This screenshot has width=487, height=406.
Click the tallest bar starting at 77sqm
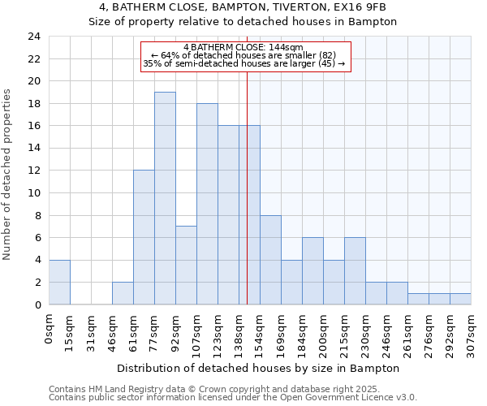(x=165, y=198)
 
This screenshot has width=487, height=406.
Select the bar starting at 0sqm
(x=59, y=282)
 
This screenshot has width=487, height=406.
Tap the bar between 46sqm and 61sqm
(x=123, y=293)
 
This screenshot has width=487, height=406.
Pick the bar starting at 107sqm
(x=207, y=204)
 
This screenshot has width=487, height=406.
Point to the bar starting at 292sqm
(x=460, y=299)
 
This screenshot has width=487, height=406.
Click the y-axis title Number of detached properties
(x=8, y=171)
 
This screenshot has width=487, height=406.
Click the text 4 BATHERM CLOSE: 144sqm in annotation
(x=243, y=47)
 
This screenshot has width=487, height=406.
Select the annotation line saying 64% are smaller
(x=243, y=55)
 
